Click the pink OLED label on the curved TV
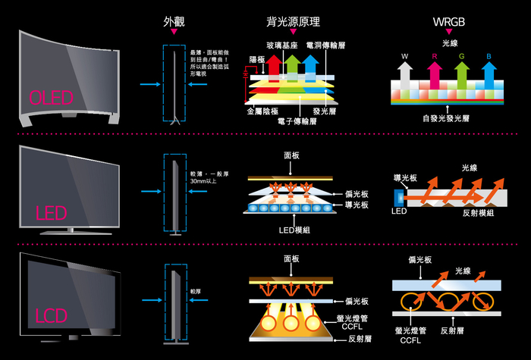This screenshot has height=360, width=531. click(x=51, y=98)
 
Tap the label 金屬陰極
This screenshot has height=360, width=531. click(x=261, y=111)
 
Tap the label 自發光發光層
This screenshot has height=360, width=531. click(x=448, y=119)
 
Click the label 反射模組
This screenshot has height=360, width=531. click(x=479, y=214)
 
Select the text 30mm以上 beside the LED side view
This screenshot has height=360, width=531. click(x=203, y=182)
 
